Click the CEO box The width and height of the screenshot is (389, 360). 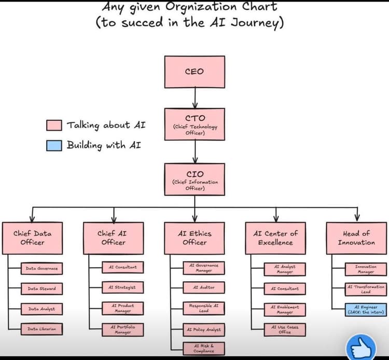(195, 72)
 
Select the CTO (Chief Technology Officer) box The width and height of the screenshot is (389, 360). (195, 124)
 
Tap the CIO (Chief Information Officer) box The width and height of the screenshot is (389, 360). (195, 179)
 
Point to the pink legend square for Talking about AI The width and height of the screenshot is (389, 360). (54, 126)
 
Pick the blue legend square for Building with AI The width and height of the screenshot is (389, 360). (54, 145)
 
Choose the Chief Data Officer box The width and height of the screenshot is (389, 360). (32, 238)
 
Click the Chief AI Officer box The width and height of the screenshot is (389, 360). (113, 238)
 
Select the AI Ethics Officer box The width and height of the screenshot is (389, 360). (195, 238)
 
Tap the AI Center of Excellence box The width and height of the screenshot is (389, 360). (275, 238)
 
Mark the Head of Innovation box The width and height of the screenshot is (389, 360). (356, 238)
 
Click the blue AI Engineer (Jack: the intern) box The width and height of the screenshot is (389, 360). (366, 309)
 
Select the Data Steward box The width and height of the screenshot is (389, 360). (41, 288)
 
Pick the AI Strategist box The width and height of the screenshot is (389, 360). (122, 287)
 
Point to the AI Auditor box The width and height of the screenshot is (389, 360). (204, 287)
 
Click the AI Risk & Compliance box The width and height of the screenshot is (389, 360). (204, 349)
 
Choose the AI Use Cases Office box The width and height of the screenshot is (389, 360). (285, 329)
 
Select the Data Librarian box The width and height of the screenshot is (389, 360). (41, 329)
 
